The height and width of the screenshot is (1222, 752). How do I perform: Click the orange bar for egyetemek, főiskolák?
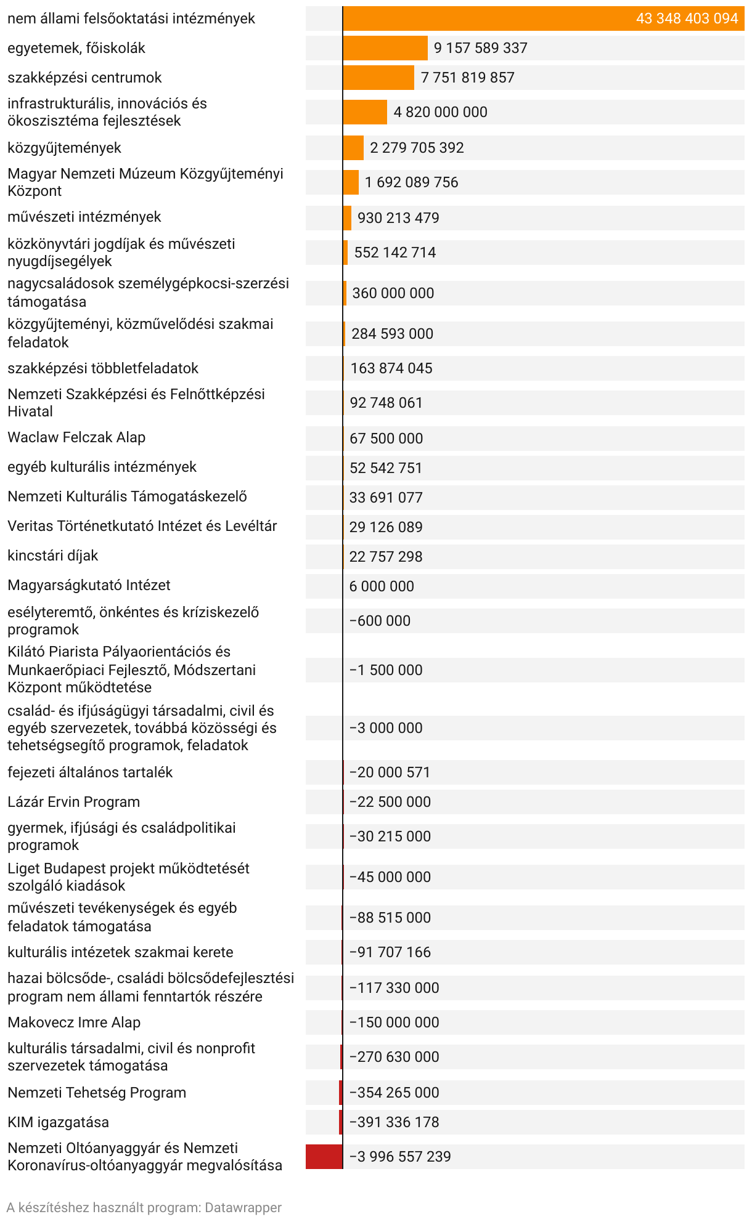[385, 48]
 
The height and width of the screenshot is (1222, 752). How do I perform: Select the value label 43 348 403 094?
[687, 18]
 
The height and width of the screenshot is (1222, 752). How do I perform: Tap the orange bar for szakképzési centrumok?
[378, 78]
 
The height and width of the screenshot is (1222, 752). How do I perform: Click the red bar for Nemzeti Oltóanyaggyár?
[324, 1157]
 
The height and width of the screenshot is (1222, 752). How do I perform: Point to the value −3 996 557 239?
[400, 1157]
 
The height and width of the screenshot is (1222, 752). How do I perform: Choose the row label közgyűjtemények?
[65, 148]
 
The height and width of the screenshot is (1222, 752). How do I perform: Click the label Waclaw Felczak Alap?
[76, 438]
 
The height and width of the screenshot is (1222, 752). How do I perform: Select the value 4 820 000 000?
[440, 112]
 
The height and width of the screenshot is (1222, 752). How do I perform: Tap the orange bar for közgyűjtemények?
[354, 148]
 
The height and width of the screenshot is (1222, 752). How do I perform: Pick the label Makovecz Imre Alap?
[74, 1022]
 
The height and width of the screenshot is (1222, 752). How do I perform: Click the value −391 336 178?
[394, 1122]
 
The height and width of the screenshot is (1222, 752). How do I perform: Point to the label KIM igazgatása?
[58, 1122]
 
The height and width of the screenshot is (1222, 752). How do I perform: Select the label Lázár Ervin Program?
[74, 802]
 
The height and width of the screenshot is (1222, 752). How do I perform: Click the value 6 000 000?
[382, 586]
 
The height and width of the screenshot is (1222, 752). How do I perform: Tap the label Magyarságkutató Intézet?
[89, 585]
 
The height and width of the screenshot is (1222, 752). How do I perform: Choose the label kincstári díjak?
[53, 556]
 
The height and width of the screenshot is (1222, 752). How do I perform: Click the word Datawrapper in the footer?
[243, 1208]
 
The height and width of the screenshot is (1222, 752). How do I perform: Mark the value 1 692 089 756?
[411, 182]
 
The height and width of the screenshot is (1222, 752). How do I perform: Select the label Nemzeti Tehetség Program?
[97, 1093]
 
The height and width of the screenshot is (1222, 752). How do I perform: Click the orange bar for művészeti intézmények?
[348, 218]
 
